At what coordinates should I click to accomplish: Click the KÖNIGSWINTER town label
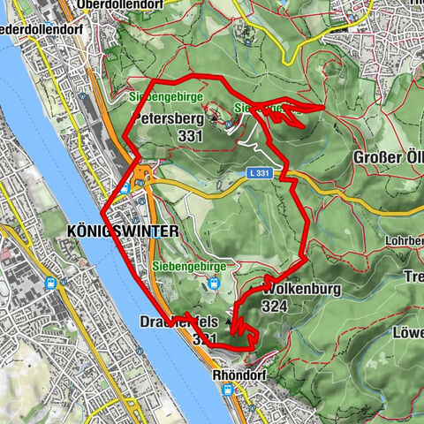tap(123, 230)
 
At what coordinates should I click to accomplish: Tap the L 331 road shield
tap(259, 175)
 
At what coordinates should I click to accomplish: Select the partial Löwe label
tap(409, 333)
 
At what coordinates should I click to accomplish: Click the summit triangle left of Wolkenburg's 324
tap(232, 321)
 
